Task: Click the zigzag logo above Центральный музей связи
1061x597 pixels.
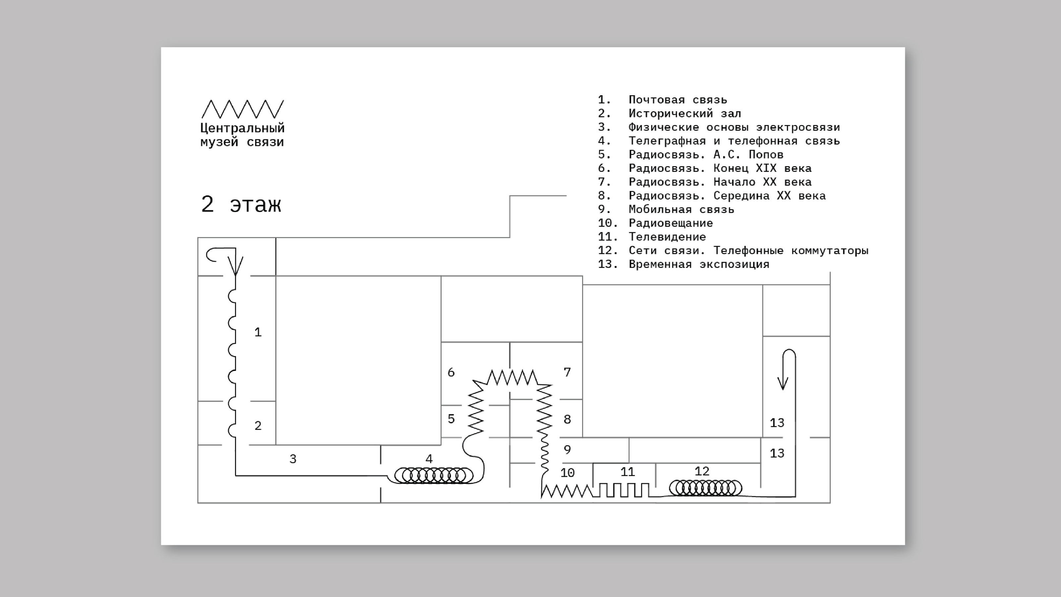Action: (x=243, y=109)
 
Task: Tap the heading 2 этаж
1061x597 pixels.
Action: (x=241, y=204)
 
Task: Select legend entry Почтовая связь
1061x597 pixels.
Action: (x=677, y=100)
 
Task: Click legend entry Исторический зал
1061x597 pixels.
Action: (x=685, y=113)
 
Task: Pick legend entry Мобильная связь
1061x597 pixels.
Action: (x=681, y=209)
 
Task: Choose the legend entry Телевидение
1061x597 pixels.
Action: (x=667, y=237)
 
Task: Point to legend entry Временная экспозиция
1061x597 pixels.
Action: (x=699, y=264)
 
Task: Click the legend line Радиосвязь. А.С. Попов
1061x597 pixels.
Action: (x=706, y=155)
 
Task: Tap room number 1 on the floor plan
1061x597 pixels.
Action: (x=258, y=332)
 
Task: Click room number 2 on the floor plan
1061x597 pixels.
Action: (x=258, y=426)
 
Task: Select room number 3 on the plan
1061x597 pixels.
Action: (x=293, y=459)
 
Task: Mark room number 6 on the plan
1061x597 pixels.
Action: (x=451, y=372)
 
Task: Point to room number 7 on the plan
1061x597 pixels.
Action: (x=567, y=372)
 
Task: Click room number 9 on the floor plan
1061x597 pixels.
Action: (x=567, y=449)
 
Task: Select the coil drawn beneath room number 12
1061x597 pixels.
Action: (x=705, y=488)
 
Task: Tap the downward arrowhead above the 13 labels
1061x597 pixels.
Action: (x=782, y=383)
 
